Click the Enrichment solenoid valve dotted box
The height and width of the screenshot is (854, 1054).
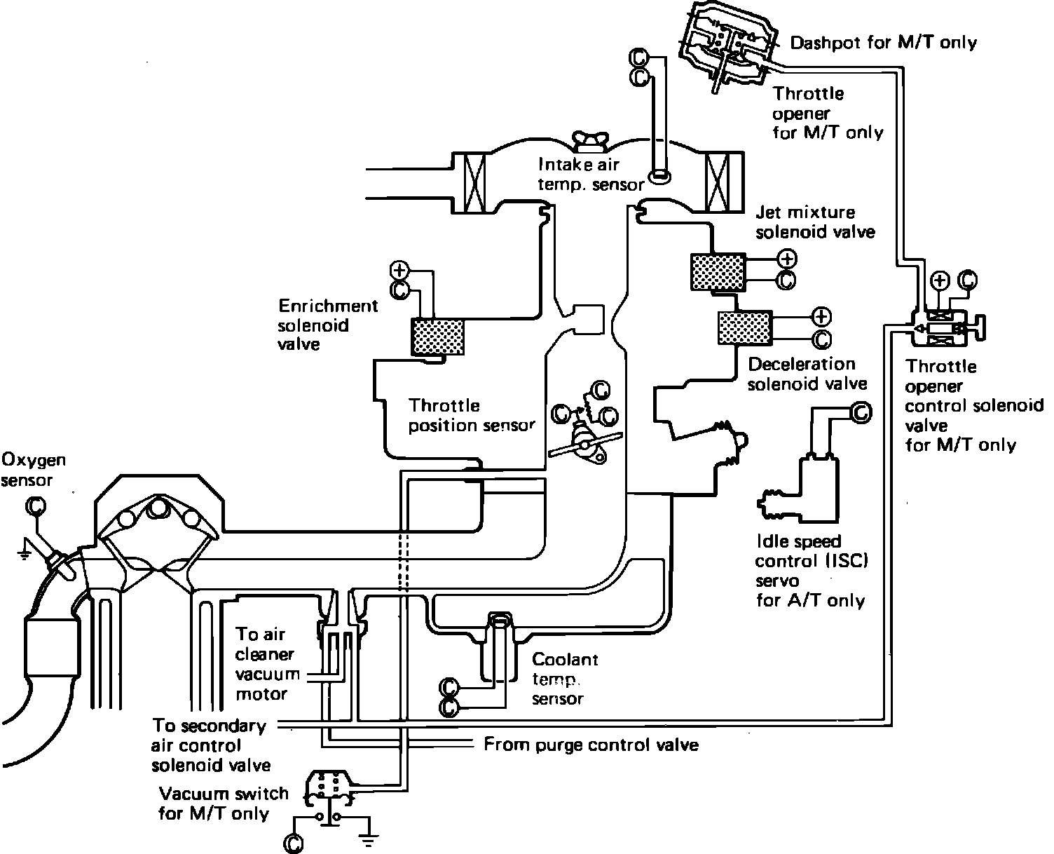(438, 337)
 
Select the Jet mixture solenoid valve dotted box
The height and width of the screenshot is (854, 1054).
(717, 271)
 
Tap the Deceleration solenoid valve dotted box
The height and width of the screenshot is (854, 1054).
(743, 328)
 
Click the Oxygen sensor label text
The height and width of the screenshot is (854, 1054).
(34, 470)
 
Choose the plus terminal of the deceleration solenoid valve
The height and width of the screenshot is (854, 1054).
(821, 316)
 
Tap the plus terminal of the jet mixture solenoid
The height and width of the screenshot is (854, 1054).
(787, 259)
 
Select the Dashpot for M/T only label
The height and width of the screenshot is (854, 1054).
(883, 43)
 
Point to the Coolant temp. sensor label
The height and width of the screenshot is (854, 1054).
(565, 679)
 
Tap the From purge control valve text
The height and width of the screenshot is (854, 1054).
(591, 745)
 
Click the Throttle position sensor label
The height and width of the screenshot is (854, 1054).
(472, 415)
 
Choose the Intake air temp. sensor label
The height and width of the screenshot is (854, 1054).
(591, 174)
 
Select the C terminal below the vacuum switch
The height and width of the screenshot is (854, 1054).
(295, 844)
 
